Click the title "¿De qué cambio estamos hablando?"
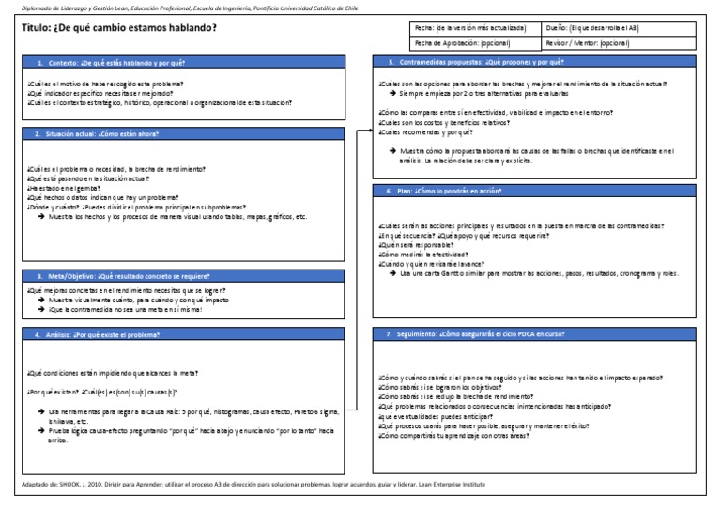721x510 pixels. coord(118,27)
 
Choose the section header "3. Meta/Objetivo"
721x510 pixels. coord(122,277)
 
